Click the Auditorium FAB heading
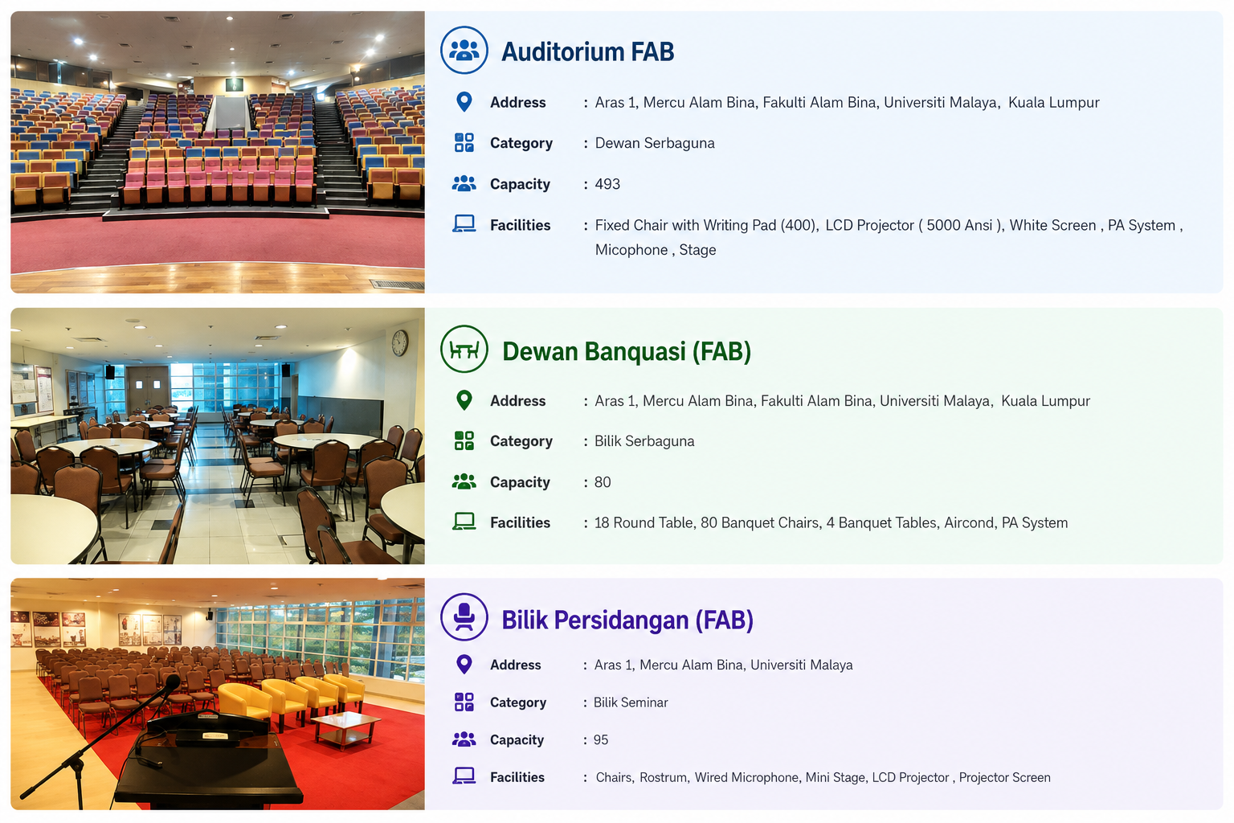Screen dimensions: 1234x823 587,51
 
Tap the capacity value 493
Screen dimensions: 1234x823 607,184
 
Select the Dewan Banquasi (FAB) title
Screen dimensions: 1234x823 627,352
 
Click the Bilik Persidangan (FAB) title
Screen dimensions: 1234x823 627,620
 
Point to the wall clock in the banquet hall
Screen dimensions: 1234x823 399,343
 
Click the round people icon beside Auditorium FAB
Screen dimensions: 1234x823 464,50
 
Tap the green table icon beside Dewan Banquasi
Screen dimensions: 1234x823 464,349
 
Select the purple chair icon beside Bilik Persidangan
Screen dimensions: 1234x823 464,616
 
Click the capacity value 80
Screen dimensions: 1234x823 602,482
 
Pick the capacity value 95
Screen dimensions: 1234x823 600,739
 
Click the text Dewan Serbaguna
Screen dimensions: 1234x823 655,143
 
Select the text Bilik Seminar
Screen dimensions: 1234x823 630,702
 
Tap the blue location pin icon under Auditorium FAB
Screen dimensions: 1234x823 464,102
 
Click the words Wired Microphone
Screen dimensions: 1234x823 746,777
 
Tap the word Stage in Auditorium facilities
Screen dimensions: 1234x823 697,250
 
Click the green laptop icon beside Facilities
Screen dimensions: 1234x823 464,522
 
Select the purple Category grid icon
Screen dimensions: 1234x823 464,702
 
